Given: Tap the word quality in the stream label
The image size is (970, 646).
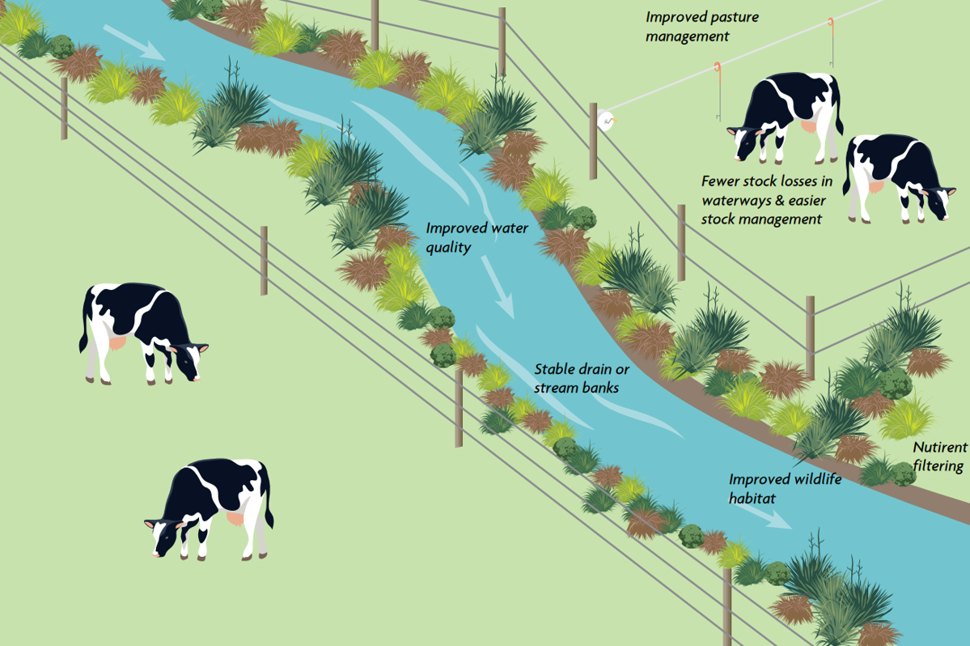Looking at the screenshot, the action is tap(448, 248).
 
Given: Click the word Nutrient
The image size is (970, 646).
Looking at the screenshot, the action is tap(940, 447).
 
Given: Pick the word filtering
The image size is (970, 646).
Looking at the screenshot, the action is tap(938, 466).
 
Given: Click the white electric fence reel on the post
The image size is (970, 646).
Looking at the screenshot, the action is tap(606, 120).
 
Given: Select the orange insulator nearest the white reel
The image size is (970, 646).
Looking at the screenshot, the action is tap(718, 67).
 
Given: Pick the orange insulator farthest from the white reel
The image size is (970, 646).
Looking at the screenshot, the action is tap(831, 23).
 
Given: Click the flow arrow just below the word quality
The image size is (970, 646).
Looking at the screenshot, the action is tap(498, 287).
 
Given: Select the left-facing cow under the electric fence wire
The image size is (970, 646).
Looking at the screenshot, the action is tap(785, 117).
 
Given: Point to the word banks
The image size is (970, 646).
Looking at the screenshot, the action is tap(599, 388).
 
